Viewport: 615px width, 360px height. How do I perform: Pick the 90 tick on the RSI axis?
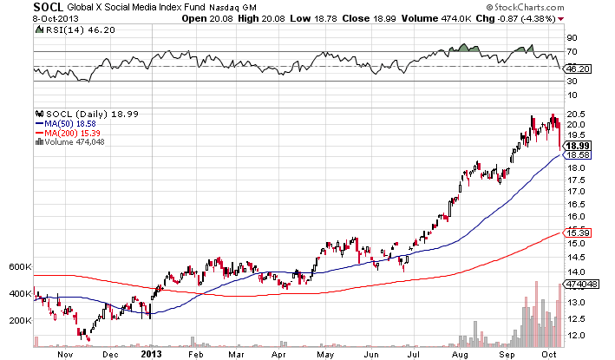[x=572, y=37]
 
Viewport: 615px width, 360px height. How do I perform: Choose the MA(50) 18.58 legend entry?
[x=67, y=124]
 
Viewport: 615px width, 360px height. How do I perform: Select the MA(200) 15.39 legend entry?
[x=69, y=133]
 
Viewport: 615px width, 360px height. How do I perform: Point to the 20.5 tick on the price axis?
[x=573, y=114]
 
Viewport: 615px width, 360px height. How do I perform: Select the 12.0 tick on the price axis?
[x=573, y=335]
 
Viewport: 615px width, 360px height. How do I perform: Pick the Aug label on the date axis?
[x=459, y=354]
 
